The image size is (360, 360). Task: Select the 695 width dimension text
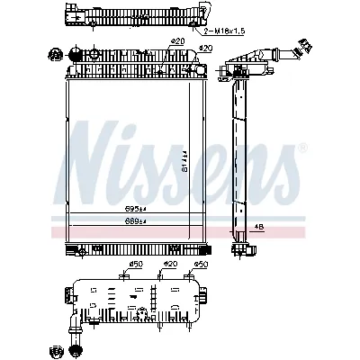136,209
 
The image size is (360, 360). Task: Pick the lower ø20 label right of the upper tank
205,48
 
